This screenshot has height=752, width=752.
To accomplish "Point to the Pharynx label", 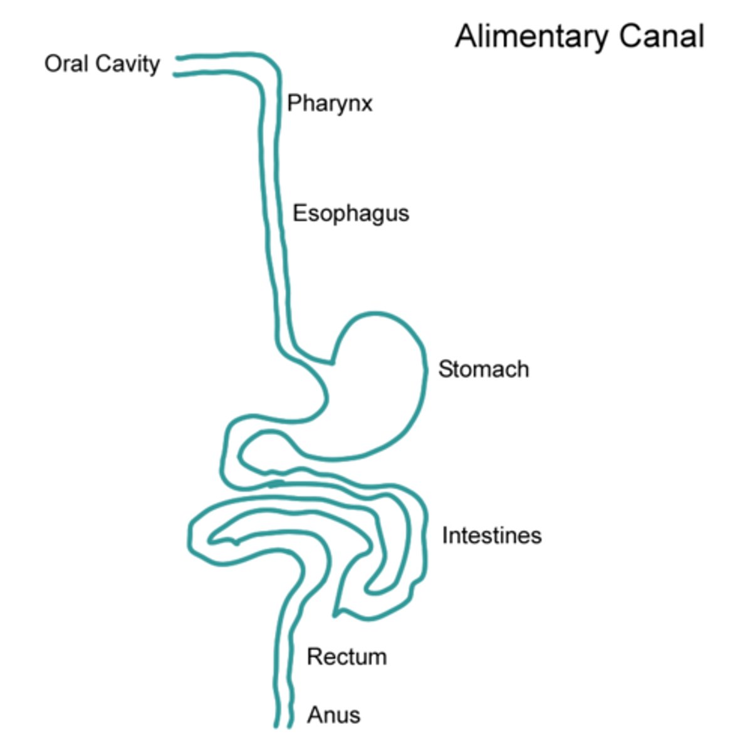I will coord(330,103).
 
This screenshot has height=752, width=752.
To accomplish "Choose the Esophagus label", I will coord(350,214).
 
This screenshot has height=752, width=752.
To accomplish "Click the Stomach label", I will coord(483,369).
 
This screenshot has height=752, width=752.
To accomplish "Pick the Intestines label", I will coord(491,535).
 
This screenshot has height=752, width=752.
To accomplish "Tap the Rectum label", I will coord(347,657).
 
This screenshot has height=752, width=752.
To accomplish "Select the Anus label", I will coord(333,714).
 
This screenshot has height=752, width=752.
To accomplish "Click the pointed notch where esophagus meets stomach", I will coord(331,362).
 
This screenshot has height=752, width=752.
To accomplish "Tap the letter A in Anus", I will coord(315,714).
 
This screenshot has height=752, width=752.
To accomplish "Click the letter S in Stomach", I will coord(444,369).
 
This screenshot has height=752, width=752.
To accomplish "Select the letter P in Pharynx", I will coord(293,103).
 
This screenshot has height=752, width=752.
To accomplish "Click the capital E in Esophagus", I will coord(299,213).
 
